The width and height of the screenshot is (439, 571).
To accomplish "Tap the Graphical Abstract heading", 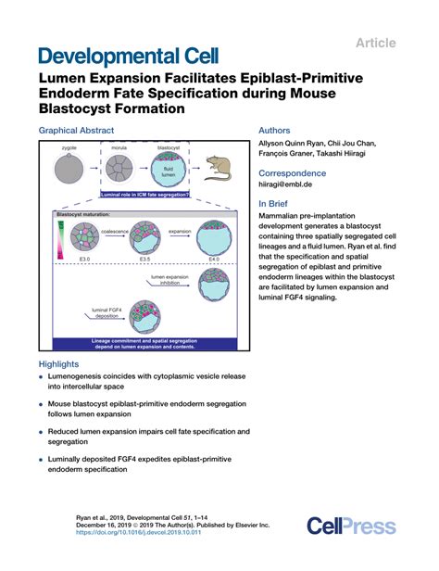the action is click(x=78, y=131).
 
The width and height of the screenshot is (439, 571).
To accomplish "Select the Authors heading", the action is click(x=274, y=131).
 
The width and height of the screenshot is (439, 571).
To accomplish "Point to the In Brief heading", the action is click(x=275, y=203).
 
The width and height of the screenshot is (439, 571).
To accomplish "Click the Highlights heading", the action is click(x=61, y=364).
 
